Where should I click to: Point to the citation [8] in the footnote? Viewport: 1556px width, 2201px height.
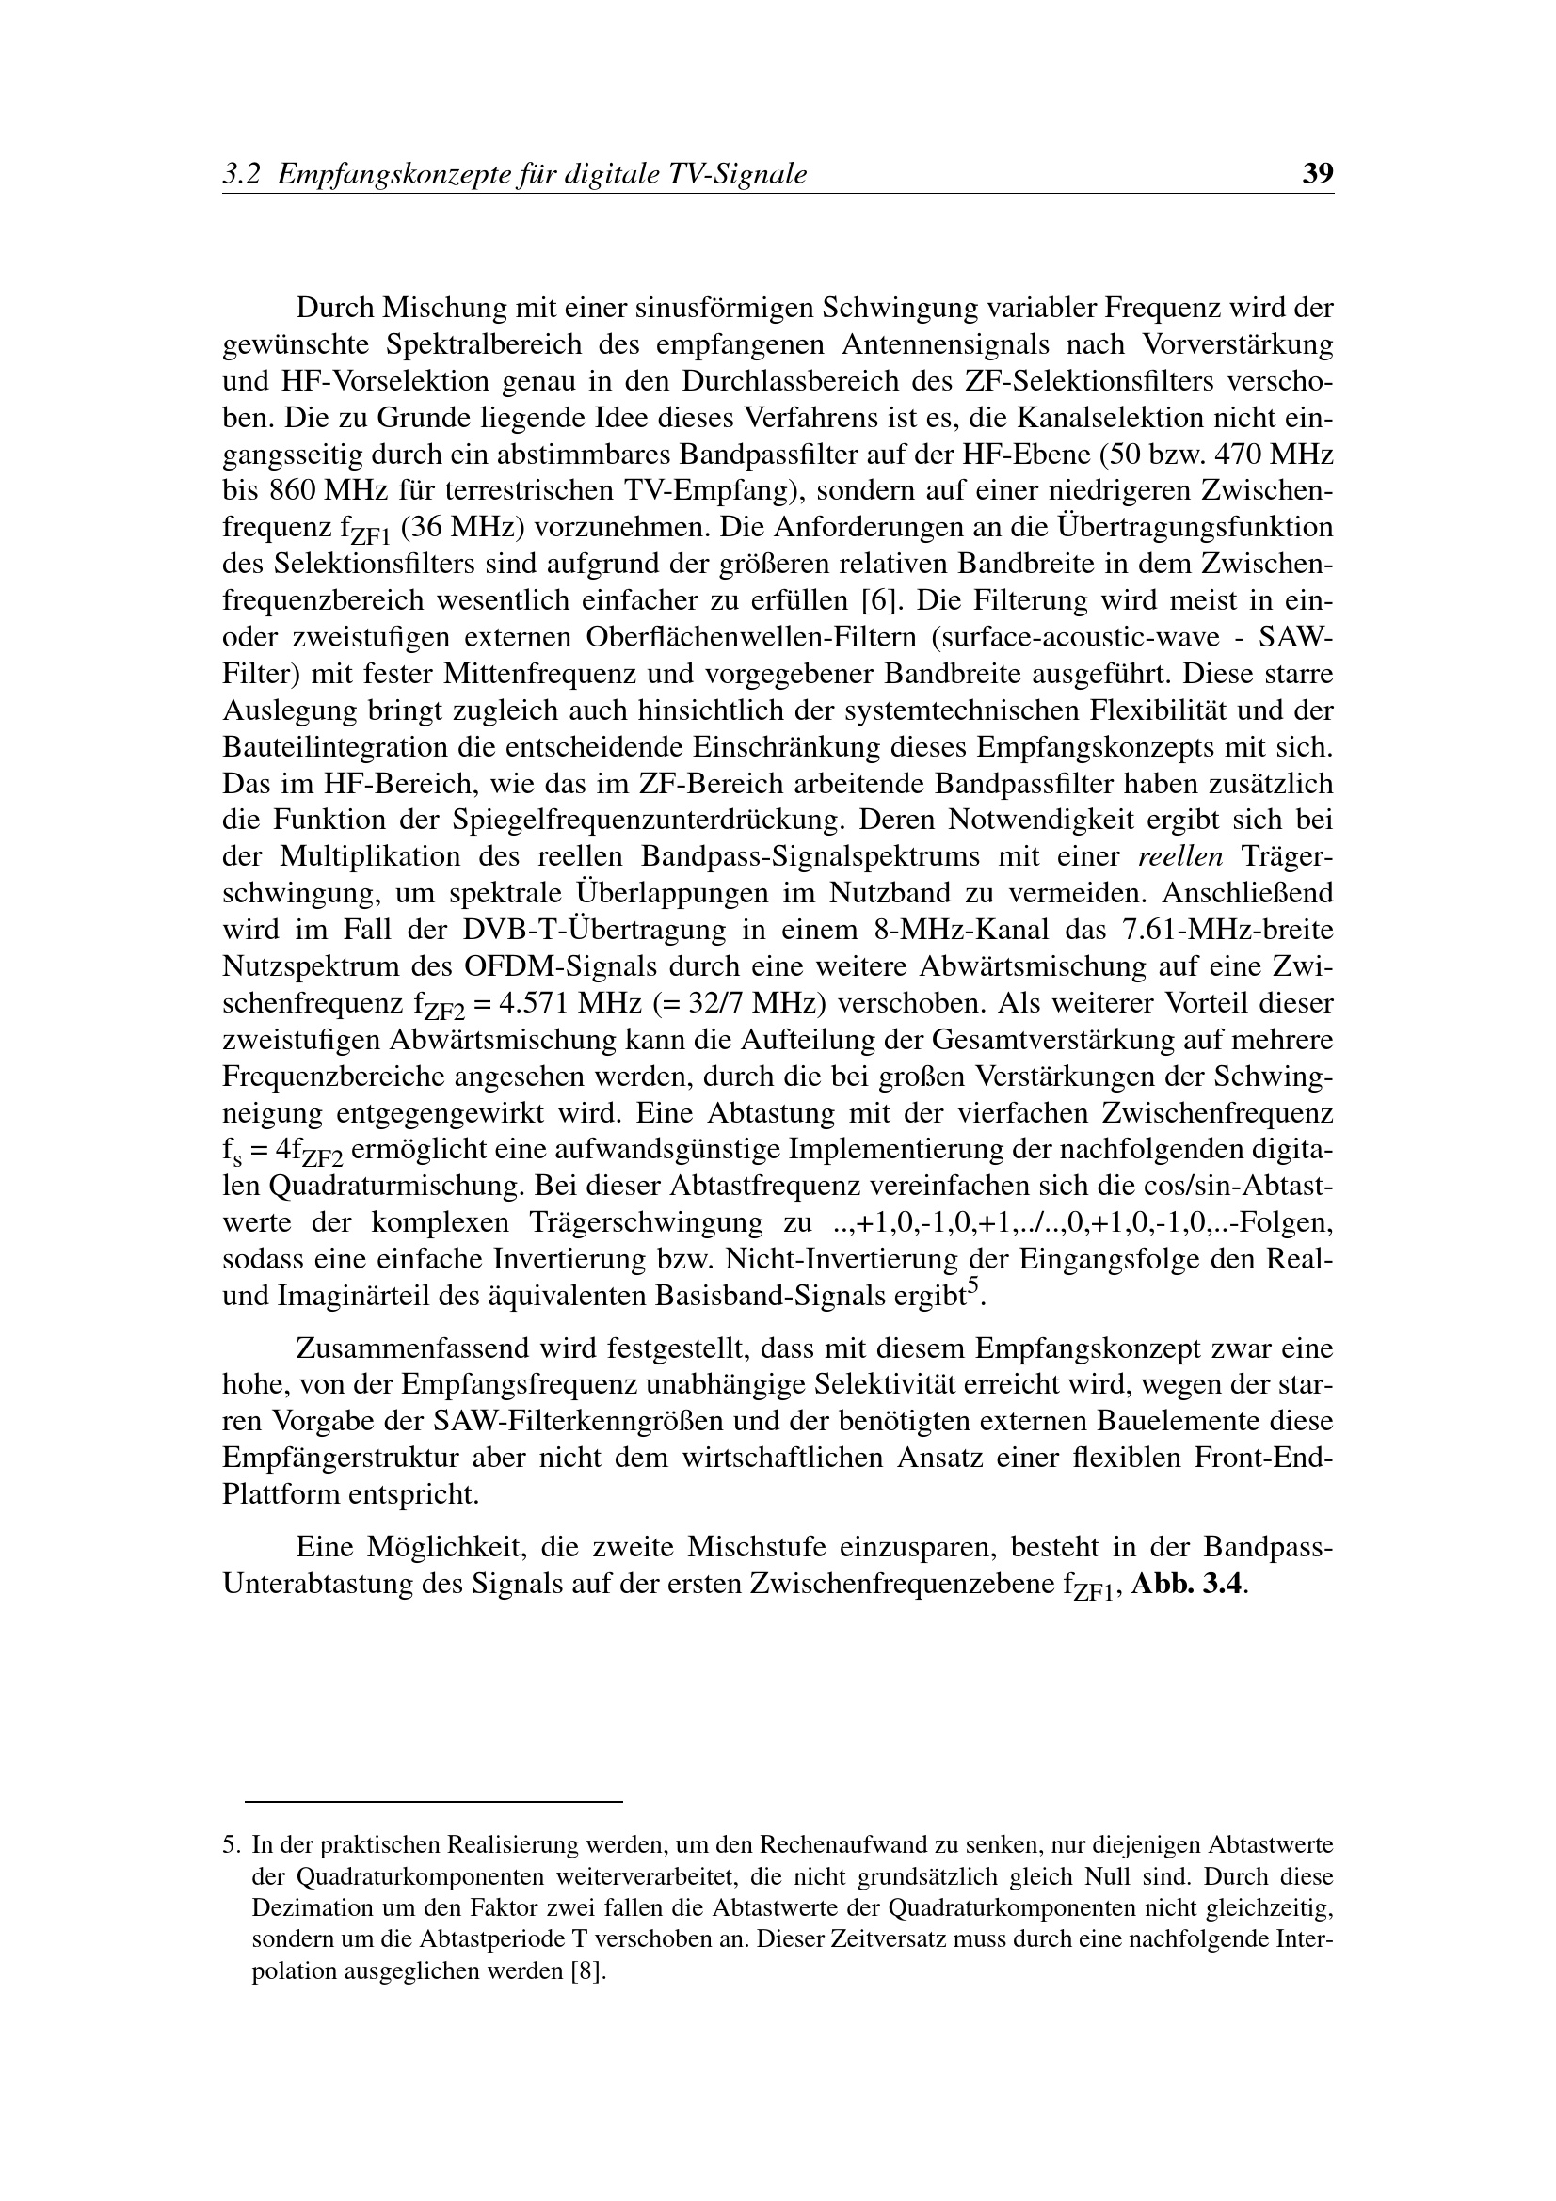(588, 1973)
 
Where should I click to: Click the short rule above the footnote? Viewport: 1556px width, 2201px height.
(433, 1802)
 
